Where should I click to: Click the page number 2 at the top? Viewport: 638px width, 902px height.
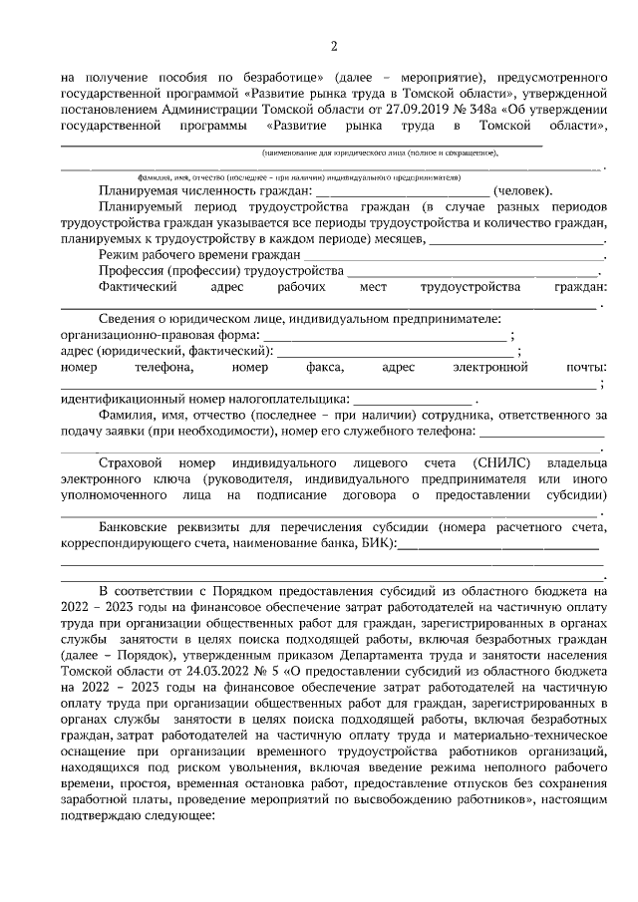coord(334,46)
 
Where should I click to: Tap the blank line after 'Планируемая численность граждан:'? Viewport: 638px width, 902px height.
coord(403,192)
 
